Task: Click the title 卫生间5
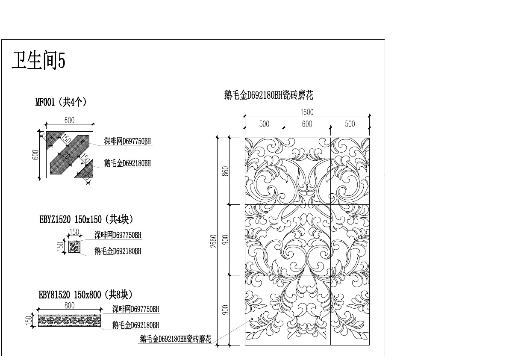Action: (x=38, y=61)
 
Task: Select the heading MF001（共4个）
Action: (x=61, y=102)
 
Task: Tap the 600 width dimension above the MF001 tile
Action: (x=69, y=121)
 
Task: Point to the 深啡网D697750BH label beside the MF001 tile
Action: (x=127, y=141)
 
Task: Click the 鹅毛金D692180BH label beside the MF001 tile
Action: (x=127, y=163)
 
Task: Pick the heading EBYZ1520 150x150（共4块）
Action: (x=86, y=220)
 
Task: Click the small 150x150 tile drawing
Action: (x=74, y=247)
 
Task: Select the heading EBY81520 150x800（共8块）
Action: (x=85, y=295)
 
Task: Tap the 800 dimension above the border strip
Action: (x=69, y=305)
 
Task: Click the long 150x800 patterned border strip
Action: (x=70, y=320)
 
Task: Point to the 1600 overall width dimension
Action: (x=307, y=112)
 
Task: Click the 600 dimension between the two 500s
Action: (x=307, y=124)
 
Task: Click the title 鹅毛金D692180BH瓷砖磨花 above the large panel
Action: (x=269, y=95)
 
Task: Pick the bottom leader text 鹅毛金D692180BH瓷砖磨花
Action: (x=175, y=339)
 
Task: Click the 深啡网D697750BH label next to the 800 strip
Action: (x=135, y=309)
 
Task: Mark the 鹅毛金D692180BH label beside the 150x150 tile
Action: (x=118, y=251)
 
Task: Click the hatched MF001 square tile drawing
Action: (x=69, y=154)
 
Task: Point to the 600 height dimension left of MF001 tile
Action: (x=35, y=155)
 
